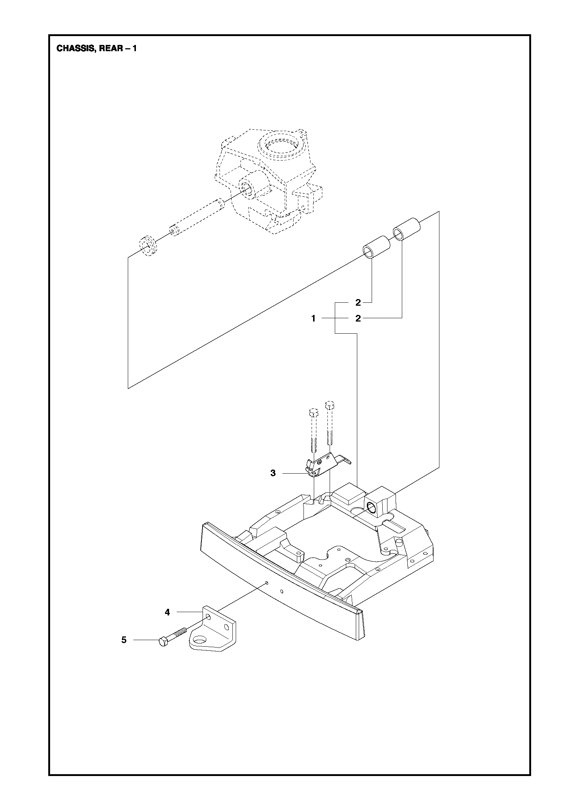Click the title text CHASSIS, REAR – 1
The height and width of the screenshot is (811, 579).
click(96, 49)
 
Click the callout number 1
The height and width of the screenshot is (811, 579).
click(313, 319)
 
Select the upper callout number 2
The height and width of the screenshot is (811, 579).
click(358, 303)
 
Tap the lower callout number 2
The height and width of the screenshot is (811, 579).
click(358, 319)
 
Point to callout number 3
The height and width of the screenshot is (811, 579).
click(273, 473)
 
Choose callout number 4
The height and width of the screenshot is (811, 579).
click(168, 612)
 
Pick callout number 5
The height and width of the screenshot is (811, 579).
click(124, 640)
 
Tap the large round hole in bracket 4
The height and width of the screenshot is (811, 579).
click(200, 640)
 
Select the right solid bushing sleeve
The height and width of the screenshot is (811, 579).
click(406, 229)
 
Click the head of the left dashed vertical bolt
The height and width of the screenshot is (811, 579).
click(313, 412)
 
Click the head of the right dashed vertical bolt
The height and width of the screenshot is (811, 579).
click(329, 404)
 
